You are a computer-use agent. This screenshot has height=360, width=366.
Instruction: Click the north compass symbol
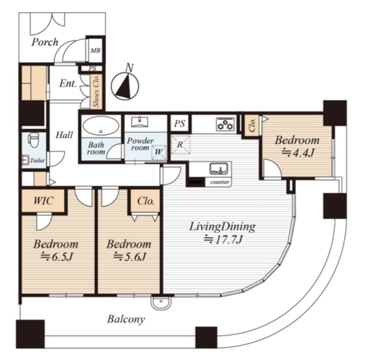[125, 86]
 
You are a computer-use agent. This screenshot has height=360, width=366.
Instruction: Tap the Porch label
[45, 42]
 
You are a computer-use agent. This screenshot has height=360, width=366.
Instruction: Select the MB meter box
[95, 50]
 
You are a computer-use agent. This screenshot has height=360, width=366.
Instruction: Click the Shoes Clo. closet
[97, 91]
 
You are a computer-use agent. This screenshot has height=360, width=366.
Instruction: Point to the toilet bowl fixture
[34, 140]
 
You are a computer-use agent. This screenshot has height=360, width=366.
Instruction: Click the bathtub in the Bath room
[101, 126]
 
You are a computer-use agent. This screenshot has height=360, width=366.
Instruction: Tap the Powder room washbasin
[140, 121]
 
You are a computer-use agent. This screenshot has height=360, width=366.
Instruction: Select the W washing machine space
[159, 152]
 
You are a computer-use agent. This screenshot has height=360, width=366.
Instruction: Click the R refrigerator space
[180, 145]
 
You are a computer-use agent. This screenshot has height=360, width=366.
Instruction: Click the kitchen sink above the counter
[218, 168]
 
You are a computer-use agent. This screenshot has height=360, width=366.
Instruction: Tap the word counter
[220, 182]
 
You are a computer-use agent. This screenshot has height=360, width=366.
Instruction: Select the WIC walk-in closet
[43, 201]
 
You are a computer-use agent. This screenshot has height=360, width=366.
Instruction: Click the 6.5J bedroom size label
[56, 257]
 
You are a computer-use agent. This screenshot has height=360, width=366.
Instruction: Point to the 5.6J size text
[130, 257]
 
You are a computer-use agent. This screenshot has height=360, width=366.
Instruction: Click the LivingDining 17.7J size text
[223, 240]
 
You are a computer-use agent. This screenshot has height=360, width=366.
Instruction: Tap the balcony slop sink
[161, 303]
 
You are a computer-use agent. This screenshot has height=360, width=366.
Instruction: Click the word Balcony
[126, 320]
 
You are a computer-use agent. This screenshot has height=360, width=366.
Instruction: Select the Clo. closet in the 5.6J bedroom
[146, 201]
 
